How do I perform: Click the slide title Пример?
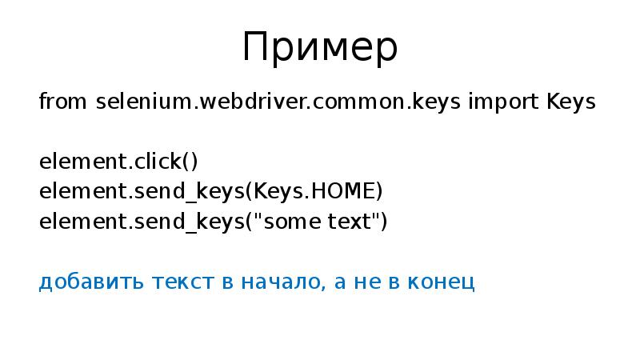click(319, 50)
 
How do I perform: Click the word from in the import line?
click(64, 102)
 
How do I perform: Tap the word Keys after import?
click(570, 102)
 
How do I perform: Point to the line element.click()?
click(118, 162)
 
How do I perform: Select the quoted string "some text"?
click(317, 222)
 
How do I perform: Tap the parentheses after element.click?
click(189, 162)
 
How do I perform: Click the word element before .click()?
click(79, 162)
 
